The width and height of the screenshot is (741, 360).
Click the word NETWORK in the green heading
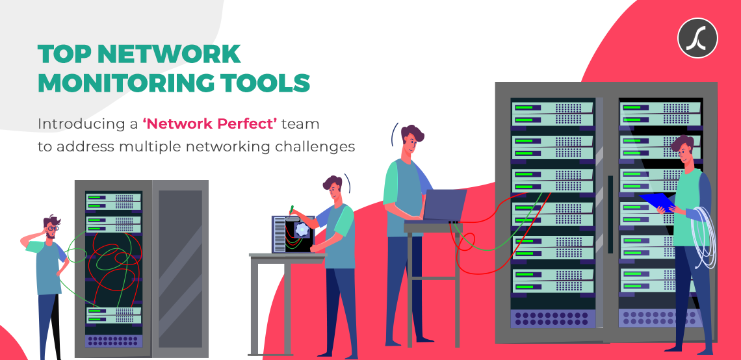[x=169, y=55]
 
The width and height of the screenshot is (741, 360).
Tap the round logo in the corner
[x=697, y=38]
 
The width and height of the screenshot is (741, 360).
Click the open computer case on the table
[x=293, y=235]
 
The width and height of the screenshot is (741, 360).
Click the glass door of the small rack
[x=180, y=269]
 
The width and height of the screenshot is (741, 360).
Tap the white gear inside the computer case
[x=302, y=229]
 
